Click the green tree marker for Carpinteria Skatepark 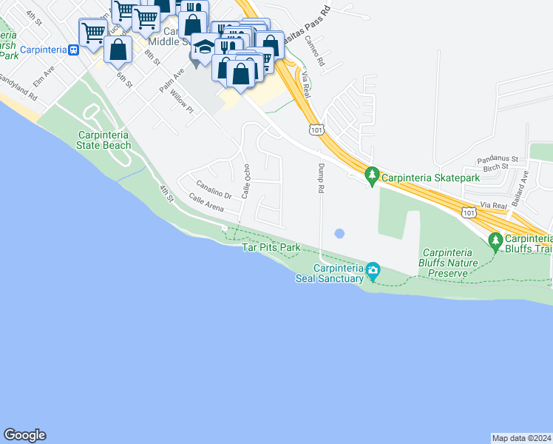coord(372,176)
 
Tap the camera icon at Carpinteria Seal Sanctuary coord(373,270)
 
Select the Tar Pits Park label coord(271,247)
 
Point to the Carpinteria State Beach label coord(104,140)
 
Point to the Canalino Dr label coord(214,189)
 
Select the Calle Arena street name coord(206,201)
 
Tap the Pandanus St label coord(497,159)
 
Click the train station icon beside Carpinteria coord(73,50)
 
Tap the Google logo coord(24,435)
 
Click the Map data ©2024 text coord(522,437)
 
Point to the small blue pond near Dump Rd coord(339,234)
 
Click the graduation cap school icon coord(204,46)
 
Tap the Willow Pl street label coord(181,101)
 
